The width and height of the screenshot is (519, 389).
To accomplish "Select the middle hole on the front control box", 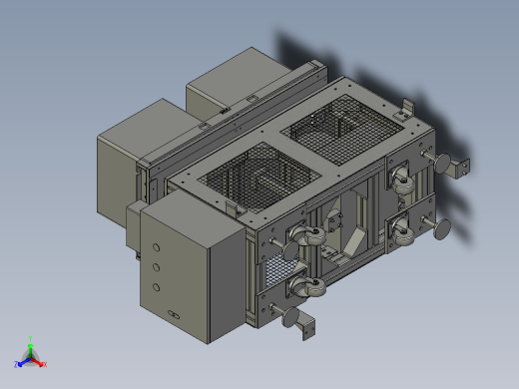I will click(155, 266).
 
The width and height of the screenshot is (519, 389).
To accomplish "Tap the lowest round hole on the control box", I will click(155, 287).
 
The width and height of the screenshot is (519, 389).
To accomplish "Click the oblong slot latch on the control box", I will click(175, 317).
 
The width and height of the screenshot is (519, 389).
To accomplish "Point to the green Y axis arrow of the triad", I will click(31, 342).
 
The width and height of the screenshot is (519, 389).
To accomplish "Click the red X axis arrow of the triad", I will click(42, 363).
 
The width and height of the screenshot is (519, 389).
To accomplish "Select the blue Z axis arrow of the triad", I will click(20, 363).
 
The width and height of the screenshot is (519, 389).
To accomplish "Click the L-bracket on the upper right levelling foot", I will click(460, 166).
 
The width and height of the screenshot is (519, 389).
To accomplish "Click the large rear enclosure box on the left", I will click(125, 170).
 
